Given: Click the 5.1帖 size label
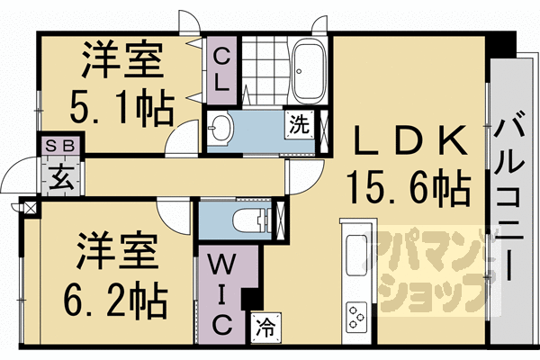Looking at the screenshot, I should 123,108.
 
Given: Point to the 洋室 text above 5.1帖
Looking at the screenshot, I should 122,61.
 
